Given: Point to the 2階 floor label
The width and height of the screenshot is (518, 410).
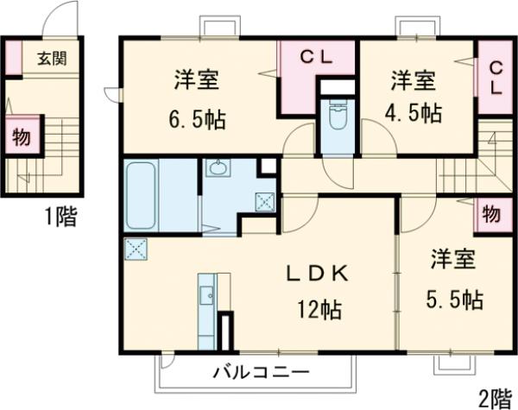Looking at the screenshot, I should coord(495,398).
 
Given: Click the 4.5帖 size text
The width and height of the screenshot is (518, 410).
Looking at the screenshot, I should coord(412,113).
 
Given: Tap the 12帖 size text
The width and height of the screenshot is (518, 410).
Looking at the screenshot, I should coord(318,308).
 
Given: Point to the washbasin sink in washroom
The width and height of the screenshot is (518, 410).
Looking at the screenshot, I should coord(217,168).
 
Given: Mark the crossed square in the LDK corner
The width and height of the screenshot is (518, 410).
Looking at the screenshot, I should coord(136,249).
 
